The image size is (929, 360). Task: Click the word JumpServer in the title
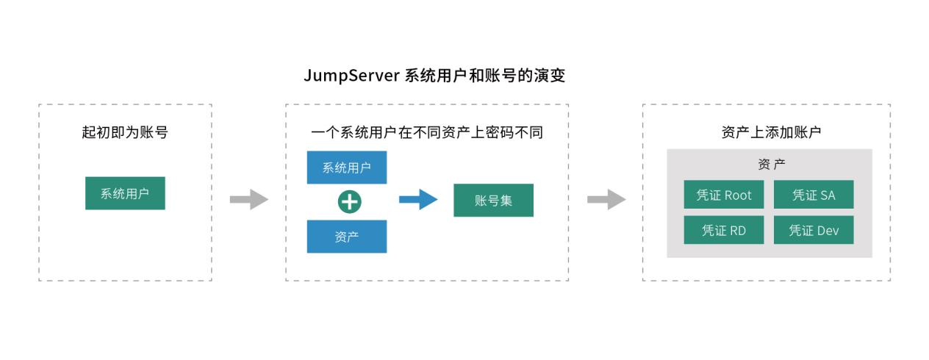[351, 76]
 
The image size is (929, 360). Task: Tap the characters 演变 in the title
[550, 76]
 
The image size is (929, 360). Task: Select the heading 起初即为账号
[125, 133]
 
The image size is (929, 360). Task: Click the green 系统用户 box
[125, 193]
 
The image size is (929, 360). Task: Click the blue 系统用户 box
[346, 168]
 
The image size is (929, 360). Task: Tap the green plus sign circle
[349, 201]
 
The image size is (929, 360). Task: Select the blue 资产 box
[346, 237]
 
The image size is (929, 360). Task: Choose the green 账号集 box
[493, 200]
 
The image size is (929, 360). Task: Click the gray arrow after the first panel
[249, 199]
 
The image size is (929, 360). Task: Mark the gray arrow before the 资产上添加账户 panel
[606, 199]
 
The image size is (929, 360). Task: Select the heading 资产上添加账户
[771, 133]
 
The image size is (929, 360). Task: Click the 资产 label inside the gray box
[771, 164]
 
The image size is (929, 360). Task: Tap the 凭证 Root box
[723, 195]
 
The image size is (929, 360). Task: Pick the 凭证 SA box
[813, 195]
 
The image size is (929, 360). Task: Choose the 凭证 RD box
[723, 230]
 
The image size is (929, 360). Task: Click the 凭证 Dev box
[813, 230]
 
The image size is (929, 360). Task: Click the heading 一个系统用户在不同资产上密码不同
[427, 133]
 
